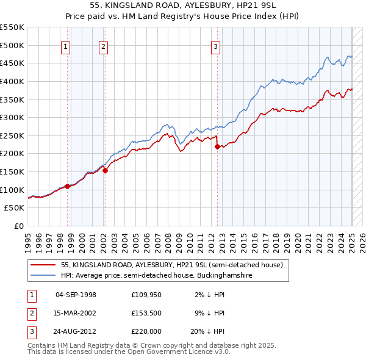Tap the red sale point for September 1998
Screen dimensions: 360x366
tap(67, 186)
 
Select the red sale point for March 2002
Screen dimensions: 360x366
tap(105, 171)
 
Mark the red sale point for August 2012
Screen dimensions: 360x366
tap(217, 146)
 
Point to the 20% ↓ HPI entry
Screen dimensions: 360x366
tap(207, 331)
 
